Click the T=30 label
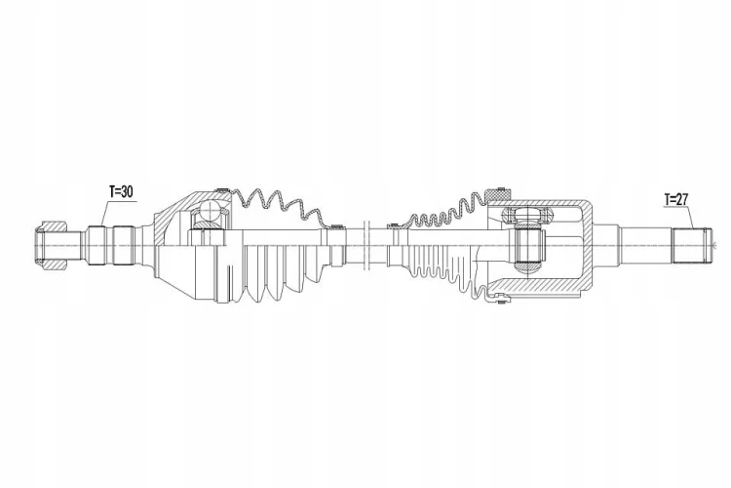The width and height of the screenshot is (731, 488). coord(121,191)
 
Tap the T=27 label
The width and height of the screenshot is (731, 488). coord(676,200)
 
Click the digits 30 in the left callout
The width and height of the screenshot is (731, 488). coord(126,191)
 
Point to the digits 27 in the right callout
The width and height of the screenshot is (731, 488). coord(681,200)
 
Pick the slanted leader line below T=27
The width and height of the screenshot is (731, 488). coord(690,217)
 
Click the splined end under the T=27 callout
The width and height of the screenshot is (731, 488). coord(691,245)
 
